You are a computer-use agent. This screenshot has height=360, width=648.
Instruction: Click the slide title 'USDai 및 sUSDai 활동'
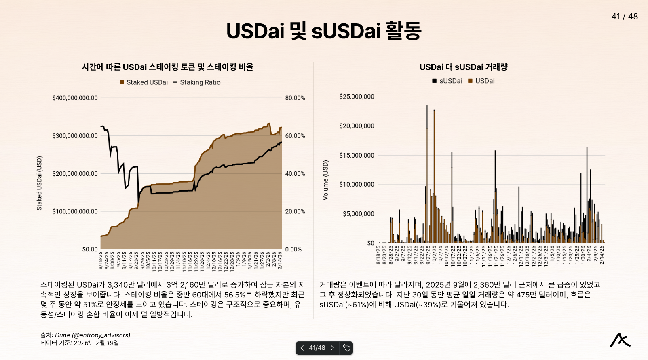[x=324, y=31]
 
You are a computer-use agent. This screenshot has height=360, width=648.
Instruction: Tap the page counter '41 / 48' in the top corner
[x=625, y=17]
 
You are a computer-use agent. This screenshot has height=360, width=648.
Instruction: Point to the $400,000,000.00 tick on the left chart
[x=75, y=98]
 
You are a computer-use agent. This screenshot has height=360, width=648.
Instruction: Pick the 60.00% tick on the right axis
[x=295, y=136]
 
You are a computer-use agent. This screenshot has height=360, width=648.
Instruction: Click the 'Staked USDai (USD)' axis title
[x=39, y=183]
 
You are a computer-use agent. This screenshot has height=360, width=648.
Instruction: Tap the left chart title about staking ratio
[x=167, y=67]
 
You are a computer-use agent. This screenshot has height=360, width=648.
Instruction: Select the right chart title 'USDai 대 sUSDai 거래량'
[x=463, y=67]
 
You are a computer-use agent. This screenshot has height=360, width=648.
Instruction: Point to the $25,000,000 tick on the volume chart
[x=357, y=97]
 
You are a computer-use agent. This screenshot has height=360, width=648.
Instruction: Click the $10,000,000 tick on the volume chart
[x=357, y=185]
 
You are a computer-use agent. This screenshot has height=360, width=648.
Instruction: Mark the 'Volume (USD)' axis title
[x=325, y=180]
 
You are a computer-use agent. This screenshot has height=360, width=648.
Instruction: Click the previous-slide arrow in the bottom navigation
[x=302, y=348]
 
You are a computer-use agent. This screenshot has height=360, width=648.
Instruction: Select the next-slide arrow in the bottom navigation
[x=332, y=348]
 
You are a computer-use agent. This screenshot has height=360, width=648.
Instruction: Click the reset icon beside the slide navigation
[x=346, y=348]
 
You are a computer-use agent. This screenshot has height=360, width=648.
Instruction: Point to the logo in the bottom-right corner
[x=620, y=340]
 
